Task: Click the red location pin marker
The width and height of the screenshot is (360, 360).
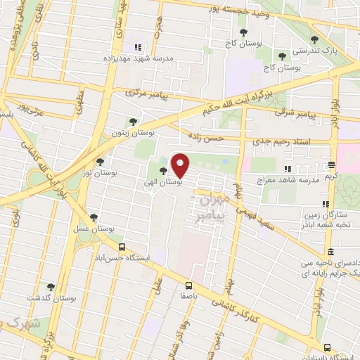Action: click(x=181, y=166)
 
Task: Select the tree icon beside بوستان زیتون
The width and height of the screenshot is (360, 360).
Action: click(x=134, y=122)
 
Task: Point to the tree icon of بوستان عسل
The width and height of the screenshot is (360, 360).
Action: click(x=94, y=217)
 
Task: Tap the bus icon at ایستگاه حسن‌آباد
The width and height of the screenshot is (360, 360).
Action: click(x=122, y=247)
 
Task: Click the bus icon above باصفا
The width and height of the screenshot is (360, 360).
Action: click(x=188, y=285)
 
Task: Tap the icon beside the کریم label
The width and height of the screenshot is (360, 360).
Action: click(x=330, y=165)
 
